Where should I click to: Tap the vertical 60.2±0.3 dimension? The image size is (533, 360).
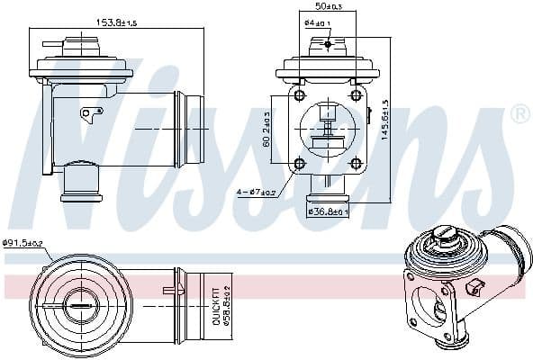(267, 130)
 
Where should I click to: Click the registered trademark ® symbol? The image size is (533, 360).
(519, 114)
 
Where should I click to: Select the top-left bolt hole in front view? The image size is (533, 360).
(298, 95)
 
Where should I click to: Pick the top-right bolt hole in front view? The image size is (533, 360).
(356, 95)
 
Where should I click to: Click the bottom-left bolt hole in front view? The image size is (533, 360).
(298, 163)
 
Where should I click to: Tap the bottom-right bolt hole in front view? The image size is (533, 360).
(356, 163)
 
